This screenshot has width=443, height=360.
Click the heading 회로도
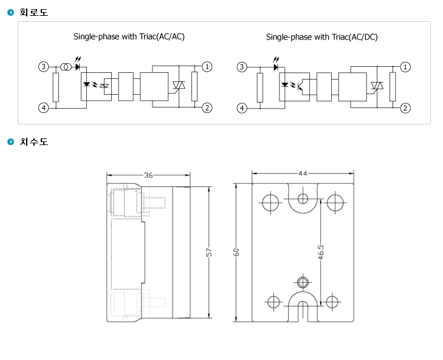coord(33,12)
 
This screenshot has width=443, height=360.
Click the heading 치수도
coord(33,141)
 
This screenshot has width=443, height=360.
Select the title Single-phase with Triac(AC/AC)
coord(129,36)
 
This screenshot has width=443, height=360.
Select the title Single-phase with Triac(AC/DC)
coord(322,37)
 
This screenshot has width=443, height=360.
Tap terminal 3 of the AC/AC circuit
coord(44,67)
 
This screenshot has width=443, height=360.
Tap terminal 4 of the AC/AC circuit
coord(44,107)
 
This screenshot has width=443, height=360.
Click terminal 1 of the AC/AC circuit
coord(207,67)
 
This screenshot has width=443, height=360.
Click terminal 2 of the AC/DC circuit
coord(405,108)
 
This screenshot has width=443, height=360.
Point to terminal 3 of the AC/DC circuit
coord(242,67)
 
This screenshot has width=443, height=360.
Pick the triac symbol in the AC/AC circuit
coord(179,85)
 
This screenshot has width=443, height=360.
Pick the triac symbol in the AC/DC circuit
coord(377,86)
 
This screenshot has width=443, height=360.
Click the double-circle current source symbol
coord(66,67)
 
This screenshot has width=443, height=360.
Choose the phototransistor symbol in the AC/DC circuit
coord(301,86)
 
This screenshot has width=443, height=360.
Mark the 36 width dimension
coord(148,175)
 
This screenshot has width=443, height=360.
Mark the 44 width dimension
coord(303,174)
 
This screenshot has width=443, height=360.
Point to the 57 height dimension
coord(208,252)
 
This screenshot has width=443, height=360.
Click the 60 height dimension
coord(236,252)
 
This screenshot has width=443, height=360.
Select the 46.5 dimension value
coord(321,252)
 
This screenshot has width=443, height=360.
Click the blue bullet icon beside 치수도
coord(10,141)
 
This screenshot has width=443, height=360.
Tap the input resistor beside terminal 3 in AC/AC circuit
coord(56,87)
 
